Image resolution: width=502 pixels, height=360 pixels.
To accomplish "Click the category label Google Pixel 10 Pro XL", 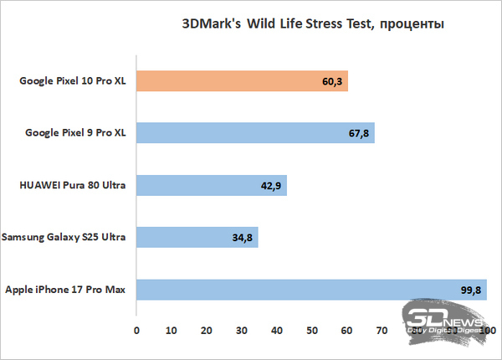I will (x=72, y=81).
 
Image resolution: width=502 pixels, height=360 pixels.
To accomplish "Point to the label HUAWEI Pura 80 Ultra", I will (x=71, y=186).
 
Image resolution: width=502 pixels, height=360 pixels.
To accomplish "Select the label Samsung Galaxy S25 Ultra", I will (x=64, y=238).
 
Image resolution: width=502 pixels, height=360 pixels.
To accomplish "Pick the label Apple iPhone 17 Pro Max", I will (x=65, y=290).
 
